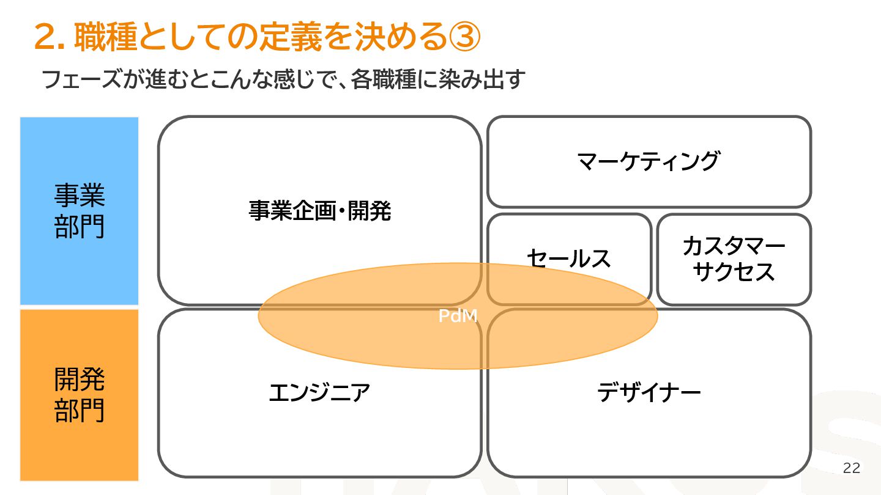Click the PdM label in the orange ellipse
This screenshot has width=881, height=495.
[458, 316]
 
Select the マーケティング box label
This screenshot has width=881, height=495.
[648, 161]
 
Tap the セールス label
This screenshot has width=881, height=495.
[568, 258]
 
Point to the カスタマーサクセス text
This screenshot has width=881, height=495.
[734, 259]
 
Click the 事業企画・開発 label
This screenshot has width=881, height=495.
[319, 211]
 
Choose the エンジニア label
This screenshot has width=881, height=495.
[319, 392]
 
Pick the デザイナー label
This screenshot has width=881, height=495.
[649, 392]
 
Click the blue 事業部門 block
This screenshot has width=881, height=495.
[80, 211]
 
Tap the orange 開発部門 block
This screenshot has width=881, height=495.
[80, 395]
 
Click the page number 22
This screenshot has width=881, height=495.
[851, 468]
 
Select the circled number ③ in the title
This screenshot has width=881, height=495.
[464, 38]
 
